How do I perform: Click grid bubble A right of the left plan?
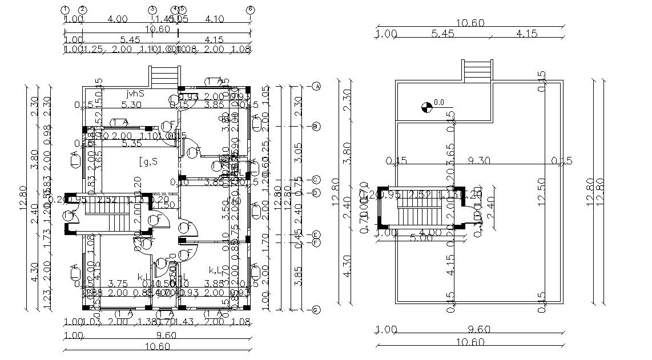pos(316,87)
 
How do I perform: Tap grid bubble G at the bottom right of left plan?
pos(316,310)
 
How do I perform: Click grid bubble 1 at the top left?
pos(65,10)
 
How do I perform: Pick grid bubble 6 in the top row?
pos(249,10)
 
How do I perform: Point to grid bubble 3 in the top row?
pos(152,10)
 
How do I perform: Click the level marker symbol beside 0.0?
pos(425,106)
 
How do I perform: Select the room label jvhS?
pos(135,93)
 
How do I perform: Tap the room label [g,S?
pos(148,161)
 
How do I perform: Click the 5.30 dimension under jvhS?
pos(131,104)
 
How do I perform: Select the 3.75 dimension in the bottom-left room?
pos(118,284)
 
